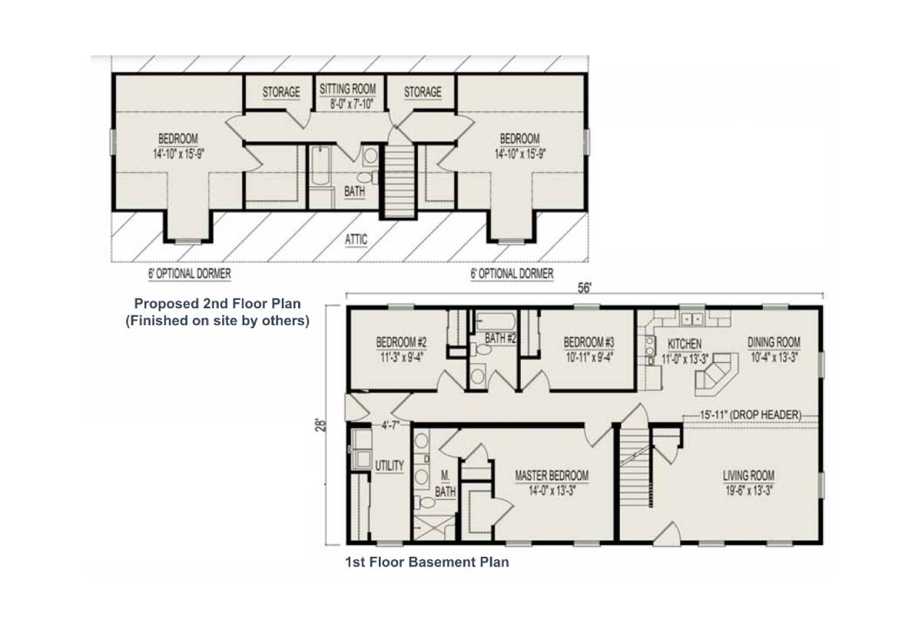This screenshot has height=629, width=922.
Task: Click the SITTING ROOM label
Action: point(348,89)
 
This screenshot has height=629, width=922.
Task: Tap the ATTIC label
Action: point(356,240)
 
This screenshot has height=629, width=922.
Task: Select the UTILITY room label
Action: point(390,466)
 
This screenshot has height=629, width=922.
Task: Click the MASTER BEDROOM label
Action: point(552,476)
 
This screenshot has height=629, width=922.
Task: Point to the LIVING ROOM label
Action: point(748,476)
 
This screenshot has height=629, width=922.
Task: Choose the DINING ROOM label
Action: point(774,342)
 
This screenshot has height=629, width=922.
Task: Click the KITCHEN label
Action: point(685,344)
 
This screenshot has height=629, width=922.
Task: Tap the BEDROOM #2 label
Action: point(401,342)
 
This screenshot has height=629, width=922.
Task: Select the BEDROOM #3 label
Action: point(589,342)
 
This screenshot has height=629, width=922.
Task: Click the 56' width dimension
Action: point(584,288)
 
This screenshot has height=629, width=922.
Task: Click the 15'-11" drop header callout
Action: point(751,414)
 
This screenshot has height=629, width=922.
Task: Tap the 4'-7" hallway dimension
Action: point(390,425)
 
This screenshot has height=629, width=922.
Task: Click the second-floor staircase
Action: point(399,180)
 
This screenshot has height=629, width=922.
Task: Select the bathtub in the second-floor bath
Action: point(320,165)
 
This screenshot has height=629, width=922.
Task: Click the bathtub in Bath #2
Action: point(496,321)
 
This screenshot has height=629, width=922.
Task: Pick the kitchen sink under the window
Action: point(691,319)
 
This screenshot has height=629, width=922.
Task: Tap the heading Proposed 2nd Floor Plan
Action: point(217,304)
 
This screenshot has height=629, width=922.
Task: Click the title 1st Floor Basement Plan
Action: point(427,562)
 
